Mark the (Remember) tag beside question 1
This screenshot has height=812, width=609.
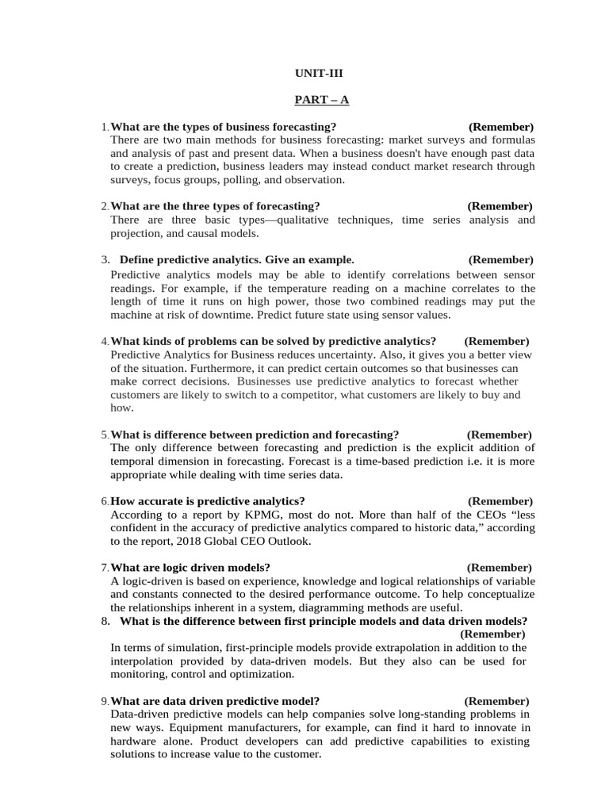point(500,127)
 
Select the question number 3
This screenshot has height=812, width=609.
point(105,260)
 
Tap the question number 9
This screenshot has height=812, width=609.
point(105,702)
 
